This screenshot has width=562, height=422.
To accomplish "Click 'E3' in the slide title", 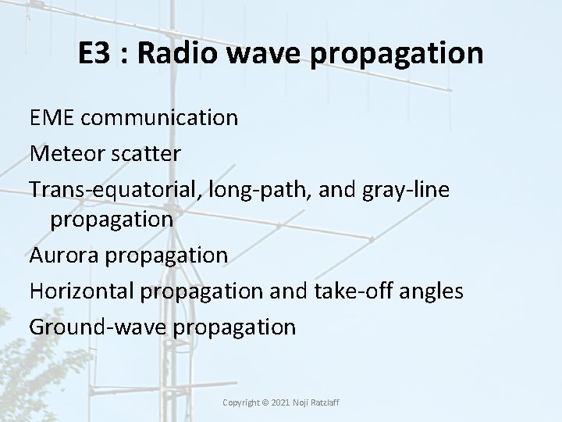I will [94, 53].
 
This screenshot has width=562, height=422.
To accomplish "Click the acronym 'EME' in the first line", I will [51, 117].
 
